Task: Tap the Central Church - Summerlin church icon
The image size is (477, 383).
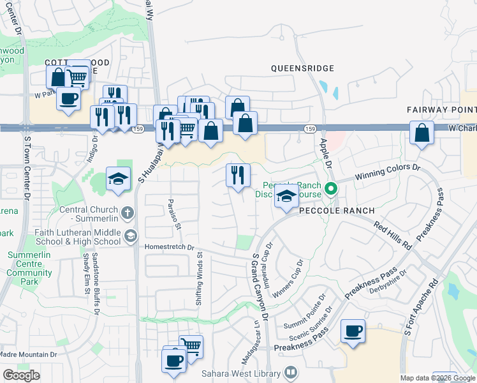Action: click(128, 211)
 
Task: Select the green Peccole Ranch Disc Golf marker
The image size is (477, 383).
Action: click(330, 188)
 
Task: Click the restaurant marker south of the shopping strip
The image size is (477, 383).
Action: click(238, 176)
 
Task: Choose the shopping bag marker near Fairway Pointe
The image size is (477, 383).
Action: click(422, 133)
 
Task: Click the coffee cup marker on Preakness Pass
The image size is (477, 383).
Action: click(353, 331)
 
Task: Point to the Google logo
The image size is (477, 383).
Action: click(21, 375)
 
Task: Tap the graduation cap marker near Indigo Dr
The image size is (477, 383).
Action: click(118, 179)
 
